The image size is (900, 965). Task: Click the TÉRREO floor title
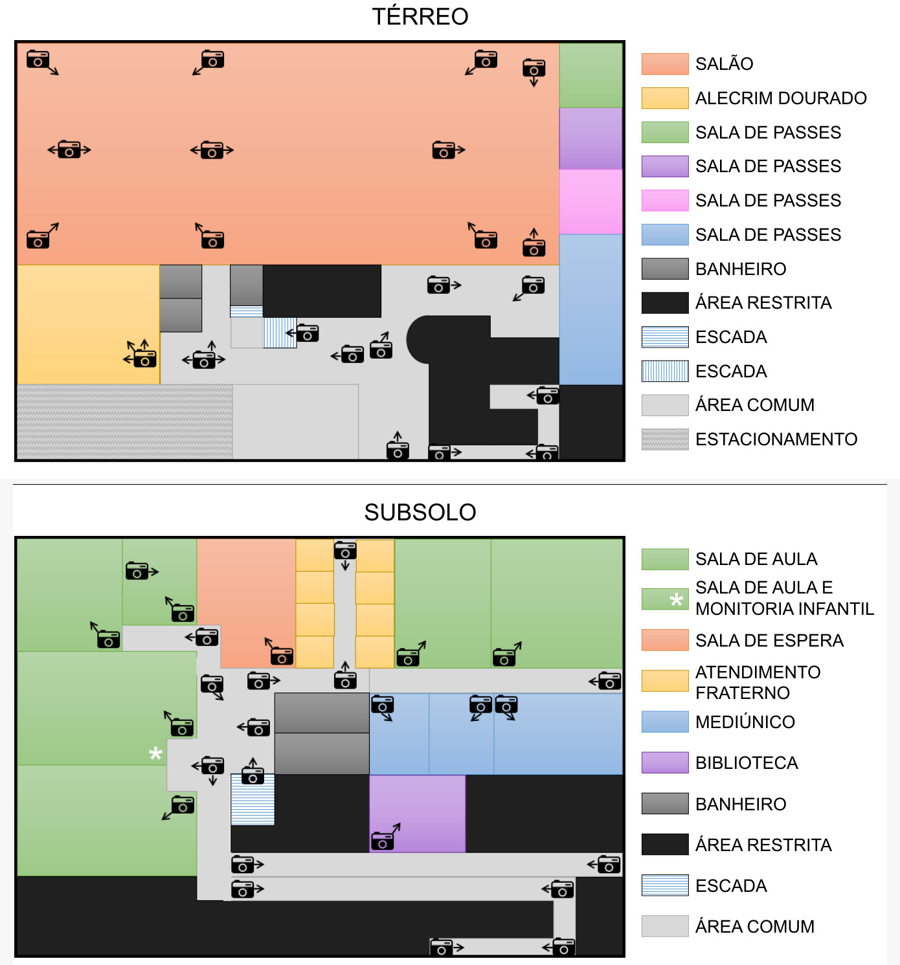pos(420,16)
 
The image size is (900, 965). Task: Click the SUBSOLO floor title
pos(420,512)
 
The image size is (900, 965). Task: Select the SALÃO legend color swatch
pos(665,63)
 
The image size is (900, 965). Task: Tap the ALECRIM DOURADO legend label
pos(781,98)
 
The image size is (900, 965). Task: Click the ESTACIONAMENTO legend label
pos(776,439)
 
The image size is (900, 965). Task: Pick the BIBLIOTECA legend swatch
pos(665,762)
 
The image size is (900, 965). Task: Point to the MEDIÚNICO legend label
pos(745,722)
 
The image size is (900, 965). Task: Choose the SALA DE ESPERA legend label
pos(769,640)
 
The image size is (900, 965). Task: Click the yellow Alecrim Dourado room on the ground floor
pos(89,325)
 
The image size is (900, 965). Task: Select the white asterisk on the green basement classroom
pos(155,753)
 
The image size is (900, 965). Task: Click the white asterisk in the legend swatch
pos(676,599)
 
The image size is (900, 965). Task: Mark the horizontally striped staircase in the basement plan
pos(253,799)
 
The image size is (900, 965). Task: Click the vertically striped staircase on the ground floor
pos(280,333)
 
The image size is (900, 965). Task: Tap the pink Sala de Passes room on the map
pos(591,202)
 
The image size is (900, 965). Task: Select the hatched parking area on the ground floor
pos(125,421)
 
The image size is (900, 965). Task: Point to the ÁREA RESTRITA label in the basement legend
pos(763,845)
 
